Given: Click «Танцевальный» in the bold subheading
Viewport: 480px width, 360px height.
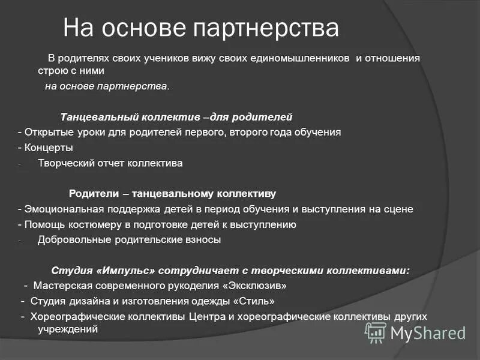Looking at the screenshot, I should point(97,116).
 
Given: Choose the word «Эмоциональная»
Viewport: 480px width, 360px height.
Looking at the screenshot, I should point(61,209).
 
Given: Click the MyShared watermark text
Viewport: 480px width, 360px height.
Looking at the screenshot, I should point(428,332).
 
